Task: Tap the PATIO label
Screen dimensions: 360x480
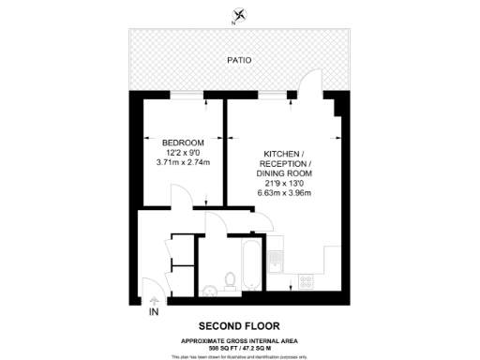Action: pos(239,61)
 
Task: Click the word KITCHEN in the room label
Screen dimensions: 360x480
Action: pos(281,152)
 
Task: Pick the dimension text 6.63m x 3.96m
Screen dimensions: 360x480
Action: pos(283,193)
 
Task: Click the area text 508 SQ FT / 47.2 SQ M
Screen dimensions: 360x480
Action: pos(239,347)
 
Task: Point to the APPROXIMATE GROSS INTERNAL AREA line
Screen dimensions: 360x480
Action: pos(239,339)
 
